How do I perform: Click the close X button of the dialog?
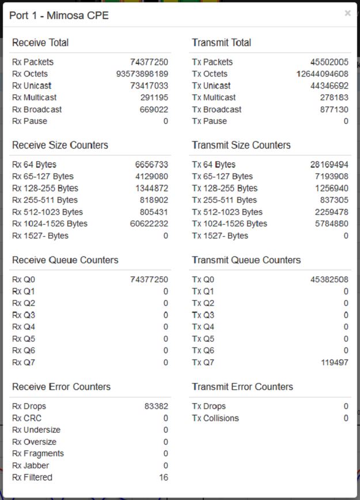[347, 13]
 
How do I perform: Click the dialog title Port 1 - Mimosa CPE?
[59, 16]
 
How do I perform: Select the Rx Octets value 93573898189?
[142, 74]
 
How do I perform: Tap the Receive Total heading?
[40, 43]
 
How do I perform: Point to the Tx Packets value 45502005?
[329, 62]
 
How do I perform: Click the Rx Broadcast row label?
[37, 109]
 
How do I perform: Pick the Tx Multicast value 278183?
[334, 97]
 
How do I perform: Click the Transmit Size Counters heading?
[241, 145]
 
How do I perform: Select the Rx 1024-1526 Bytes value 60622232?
[149, 224]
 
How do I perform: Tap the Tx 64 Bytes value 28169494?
[329, 165]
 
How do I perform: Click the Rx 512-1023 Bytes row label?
[47, 212]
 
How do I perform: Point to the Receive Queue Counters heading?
[65, 260]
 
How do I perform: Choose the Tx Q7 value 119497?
[335, 362]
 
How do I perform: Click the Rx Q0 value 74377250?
[149, 280]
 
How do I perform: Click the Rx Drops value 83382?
[156, 407]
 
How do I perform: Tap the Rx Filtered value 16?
[164, 478]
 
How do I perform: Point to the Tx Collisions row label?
[215, 418]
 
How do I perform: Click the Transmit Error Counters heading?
[242, 387]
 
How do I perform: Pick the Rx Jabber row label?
[31, 465]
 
